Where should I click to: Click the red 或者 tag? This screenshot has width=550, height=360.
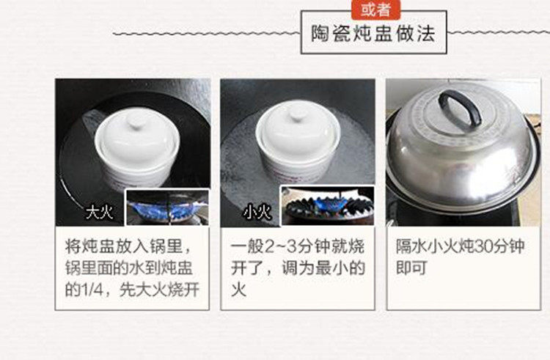(375, 10)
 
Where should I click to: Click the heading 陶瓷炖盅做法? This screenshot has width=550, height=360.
(373, 34)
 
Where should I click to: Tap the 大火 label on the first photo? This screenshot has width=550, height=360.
(100, 212)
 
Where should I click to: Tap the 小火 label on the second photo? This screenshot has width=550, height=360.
(258, 212)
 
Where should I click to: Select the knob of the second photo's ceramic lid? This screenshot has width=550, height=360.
(298, 114)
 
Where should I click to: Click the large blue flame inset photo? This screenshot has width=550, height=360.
(168, 207)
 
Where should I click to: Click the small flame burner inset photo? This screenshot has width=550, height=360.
(328, 206)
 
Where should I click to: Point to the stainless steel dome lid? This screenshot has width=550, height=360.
(462, 151)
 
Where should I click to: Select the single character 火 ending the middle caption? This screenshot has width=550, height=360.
(238, 290)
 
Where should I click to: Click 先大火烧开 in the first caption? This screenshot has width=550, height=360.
(160, 290)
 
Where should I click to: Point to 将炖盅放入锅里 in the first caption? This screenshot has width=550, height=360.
(124, 246)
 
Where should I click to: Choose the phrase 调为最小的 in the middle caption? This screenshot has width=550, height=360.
(323, 268)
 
